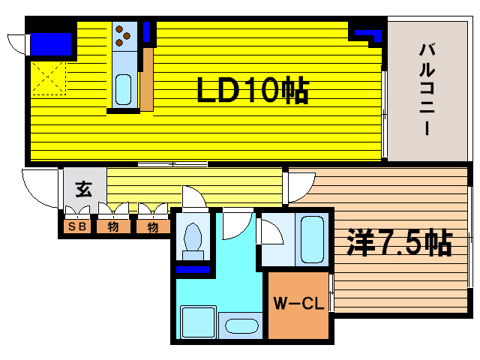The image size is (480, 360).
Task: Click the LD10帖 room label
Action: (252, 90)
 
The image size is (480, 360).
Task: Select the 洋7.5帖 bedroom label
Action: (398, 242)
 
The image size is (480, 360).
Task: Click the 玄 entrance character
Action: (82, 189)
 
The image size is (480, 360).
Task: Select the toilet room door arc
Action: (193, 196)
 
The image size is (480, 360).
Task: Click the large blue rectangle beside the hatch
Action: (52, 43)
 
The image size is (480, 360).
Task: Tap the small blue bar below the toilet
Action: (193, 268)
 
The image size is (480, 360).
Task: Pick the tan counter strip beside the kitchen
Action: (147, 79)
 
